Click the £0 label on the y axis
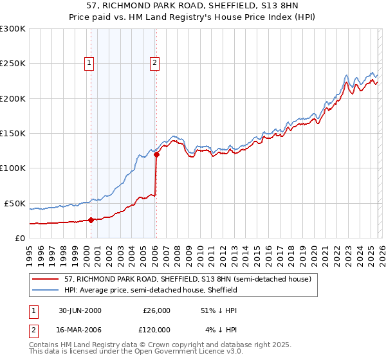(x=20, y=238)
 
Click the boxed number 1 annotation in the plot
(x=89, y=62)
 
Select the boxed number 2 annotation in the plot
(x=156, y=62)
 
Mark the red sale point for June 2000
(x=91, y=220)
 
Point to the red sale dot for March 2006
(x=156, y=154)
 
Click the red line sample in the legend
(x=46, y=279)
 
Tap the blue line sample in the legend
(x=46, y=290)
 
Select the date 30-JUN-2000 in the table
(x=80, y=310)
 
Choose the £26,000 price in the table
(x=156, y=310)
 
